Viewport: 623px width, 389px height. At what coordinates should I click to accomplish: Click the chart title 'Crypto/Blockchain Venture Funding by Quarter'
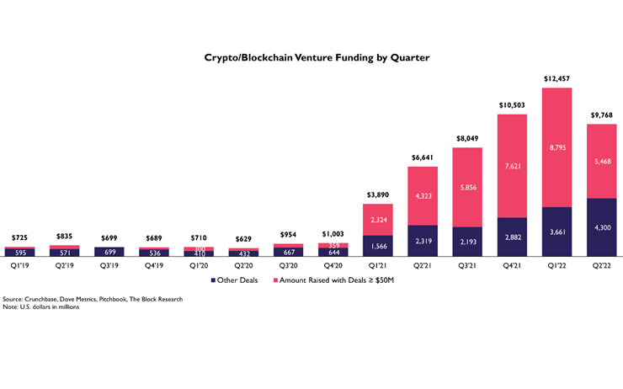pos(312,58)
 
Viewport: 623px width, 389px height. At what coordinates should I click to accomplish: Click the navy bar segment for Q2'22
pos(601,226)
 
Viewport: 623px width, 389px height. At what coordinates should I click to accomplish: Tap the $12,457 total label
pos(556,77)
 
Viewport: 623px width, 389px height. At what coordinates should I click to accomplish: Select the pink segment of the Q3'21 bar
pos(467,187)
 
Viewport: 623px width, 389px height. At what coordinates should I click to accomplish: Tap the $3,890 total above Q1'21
pos(378,195)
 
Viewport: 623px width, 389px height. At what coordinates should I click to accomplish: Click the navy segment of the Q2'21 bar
pos(423,240)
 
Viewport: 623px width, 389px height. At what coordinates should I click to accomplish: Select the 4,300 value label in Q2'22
pos(601,227)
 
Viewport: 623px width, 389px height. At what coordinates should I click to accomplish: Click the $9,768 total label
pos(601,115)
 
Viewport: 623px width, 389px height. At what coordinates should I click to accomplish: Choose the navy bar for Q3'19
pos(109,251)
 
